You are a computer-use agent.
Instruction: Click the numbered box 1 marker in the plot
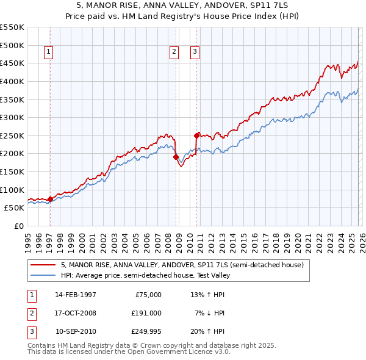point(48,52)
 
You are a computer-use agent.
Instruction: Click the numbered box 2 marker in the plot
point(174,52)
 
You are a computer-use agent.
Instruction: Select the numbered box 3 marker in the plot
point(195,52)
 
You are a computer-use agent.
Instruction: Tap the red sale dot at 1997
point(50,199)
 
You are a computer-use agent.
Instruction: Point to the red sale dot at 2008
point(176,157)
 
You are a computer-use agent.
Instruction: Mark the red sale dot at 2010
point(196,135)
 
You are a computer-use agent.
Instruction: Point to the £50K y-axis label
point(15,208)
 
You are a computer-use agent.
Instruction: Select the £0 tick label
point(18,226)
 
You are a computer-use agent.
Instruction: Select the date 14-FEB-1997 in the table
point(76,295)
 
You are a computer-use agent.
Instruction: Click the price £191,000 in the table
point(146,313)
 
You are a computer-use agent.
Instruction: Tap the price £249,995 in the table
point(146,331)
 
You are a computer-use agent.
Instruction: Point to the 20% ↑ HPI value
point(209,331)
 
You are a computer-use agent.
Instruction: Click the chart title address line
point(183,5)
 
